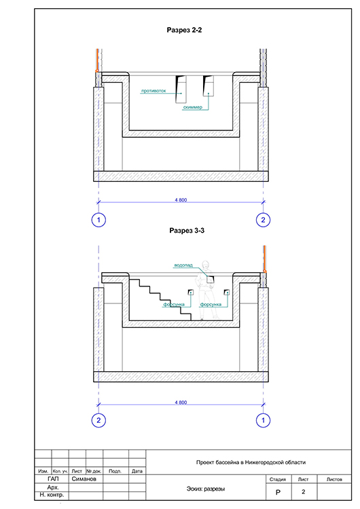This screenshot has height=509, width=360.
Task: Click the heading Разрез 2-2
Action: (184, 30)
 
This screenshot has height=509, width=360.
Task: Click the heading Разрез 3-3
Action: (187, 231)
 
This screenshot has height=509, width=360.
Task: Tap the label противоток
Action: (154, 90)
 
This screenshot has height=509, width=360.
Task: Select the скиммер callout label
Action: (193, 107)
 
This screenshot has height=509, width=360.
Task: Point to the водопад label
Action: (183, 265)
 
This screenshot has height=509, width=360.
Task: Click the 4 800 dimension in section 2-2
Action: (181, 200)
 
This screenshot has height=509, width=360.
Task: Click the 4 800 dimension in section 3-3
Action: (181, 402)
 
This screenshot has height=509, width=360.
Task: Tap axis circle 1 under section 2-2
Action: (98, 220)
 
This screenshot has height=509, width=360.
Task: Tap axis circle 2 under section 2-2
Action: (263, 220)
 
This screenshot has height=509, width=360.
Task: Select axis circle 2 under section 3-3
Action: (98, 420)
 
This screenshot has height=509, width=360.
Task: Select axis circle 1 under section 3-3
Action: (263, 420)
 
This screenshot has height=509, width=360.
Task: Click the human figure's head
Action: (206, 265)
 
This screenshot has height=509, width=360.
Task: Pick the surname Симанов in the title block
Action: (84, 479)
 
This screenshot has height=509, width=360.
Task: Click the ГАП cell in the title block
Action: (53, 479)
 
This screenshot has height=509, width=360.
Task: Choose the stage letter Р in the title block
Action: (278, 492)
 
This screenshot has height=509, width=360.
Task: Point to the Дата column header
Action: (137, 471)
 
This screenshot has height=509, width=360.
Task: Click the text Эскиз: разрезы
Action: (206, 489)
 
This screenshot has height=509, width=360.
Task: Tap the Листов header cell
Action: (334, 479)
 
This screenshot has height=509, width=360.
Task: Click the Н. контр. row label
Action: (52, 495)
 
